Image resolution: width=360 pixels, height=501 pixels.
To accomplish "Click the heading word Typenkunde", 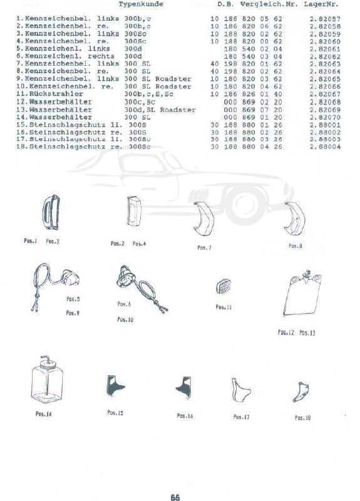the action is pos(141,4).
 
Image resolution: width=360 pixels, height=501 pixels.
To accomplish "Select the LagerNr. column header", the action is pos(321,4).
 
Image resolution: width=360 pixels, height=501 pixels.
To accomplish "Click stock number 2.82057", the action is pos(325,19).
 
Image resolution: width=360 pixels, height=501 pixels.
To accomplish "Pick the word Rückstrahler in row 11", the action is pos(56,94).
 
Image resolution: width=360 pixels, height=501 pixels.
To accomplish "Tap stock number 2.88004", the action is pos(325,147).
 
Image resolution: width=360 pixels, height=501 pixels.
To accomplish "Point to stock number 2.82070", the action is pos(325,117).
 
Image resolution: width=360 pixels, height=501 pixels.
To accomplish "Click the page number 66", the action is pos(175,497).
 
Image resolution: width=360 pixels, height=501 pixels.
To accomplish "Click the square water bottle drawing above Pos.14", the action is pos(48,380).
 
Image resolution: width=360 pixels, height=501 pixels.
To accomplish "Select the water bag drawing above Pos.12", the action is pos(302,292).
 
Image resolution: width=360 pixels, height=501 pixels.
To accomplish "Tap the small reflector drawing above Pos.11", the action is pos(224,286).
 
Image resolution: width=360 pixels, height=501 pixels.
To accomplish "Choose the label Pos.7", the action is pos(204,247).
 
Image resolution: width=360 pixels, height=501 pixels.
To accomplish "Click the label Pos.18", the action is pos(302,418).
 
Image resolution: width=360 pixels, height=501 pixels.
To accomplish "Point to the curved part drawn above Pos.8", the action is pos(295,219).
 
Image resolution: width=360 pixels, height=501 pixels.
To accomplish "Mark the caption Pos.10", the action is pos(125,319).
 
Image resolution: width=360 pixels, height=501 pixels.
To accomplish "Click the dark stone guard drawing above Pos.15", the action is pos(115,386).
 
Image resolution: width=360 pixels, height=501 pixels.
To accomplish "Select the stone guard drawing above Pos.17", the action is pos(240,390).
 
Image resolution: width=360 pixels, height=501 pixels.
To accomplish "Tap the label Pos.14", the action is pos(43,414).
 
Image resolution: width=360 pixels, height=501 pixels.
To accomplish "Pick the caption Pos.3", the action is pos(53,242).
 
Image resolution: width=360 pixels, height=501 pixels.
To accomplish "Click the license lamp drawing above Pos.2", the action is pos(134,211).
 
